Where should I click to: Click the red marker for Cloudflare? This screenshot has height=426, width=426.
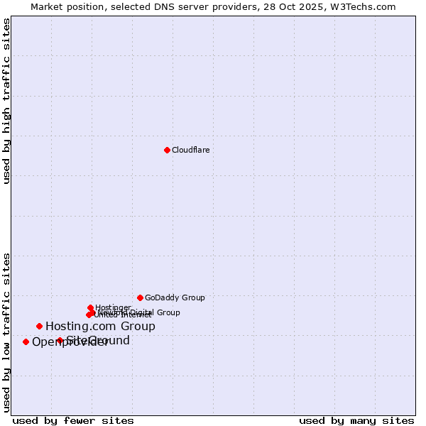coord(167,150)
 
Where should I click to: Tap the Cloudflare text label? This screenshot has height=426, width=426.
coord(190,150)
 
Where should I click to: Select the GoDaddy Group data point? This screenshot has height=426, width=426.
coord(140,297)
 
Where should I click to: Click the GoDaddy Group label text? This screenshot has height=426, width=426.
coord(175,297)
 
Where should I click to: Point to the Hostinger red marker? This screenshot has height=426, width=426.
coord(90,307)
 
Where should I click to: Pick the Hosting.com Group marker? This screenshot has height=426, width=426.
coord(39,326)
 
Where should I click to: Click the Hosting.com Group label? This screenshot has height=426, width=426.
coord(100,327)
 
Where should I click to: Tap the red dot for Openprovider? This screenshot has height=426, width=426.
coord(26,342)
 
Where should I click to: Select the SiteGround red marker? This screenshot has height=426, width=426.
coord(60,340)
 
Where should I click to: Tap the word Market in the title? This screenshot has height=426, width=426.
coord(47,6)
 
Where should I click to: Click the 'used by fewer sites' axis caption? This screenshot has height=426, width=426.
coord(73,420)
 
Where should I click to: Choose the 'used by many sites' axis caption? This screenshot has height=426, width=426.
coord(356,420)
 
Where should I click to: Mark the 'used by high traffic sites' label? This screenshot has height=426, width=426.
coord(6,101)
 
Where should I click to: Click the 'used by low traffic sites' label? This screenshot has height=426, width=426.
coord(6,332)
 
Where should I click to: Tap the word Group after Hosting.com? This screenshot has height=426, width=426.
coord(138,327)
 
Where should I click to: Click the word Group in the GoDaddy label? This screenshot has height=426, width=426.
coord(192,297)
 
